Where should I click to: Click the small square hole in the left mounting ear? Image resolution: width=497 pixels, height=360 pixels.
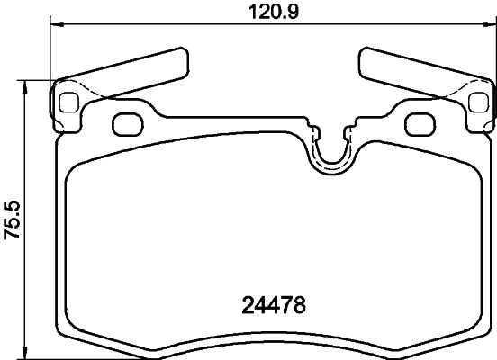tap(68, 102)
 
